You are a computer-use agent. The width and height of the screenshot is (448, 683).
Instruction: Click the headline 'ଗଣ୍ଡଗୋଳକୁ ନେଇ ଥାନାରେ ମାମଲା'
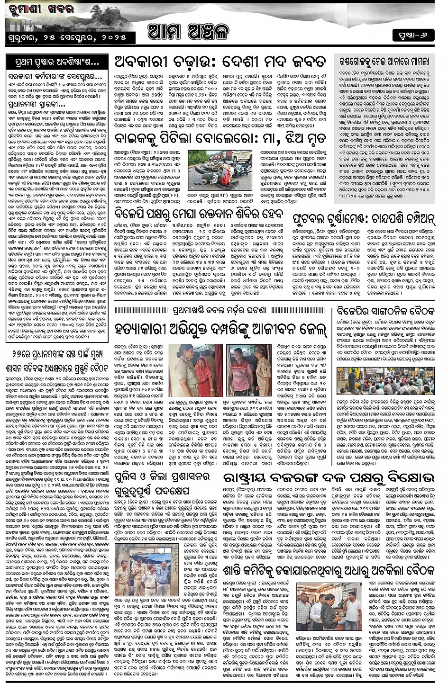click(x=384, y=62)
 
